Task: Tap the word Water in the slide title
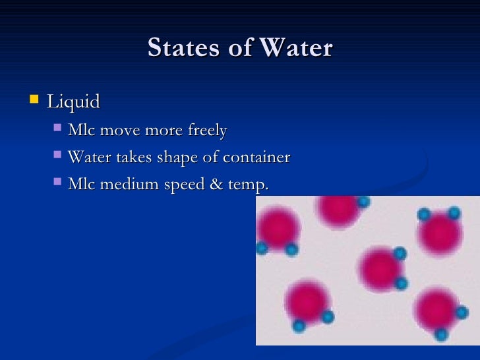coord(297,48)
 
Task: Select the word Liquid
coord(73,102)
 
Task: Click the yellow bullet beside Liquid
coord(34,101)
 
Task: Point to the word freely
coord(208,131)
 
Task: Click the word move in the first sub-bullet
coord(120,131)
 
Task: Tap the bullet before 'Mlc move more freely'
coord(57,129)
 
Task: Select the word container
coord(256,158)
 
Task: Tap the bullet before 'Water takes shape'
coord(57,156)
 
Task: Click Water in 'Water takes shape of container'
coord(89,158)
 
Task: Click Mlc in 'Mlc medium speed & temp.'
coord(80,185)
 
